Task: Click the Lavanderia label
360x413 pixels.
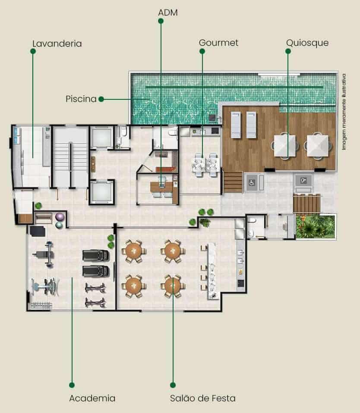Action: click(57, 44)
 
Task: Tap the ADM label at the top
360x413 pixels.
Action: click(168, 13)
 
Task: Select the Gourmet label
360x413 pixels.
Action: click(218, 43)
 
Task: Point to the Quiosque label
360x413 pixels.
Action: click(307, 43)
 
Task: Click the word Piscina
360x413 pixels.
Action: click(81, 99)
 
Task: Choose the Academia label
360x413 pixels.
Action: click(92, 398)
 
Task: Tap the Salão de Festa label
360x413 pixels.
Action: click(202, 398)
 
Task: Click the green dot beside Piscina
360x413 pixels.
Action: click(101, 99)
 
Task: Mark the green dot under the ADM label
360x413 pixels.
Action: click(161, 21)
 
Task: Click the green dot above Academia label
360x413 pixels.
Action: click(72, 385)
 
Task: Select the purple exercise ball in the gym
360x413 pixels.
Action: click(60, 217)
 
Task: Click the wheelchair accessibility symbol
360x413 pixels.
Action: click(252, 182)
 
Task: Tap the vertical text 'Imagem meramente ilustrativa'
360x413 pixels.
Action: click(344, 112)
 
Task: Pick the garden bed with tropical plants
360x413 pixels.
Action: click(316, 226)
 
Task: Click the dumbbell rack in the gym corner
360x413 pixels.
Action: click(41, 305)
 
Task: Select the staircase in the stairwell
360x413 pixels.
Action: click(70, 157)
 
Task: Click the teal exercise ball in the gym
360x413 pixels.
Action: click(59, 225)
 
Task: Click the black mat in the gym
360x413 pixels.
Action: click(38, 231)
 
